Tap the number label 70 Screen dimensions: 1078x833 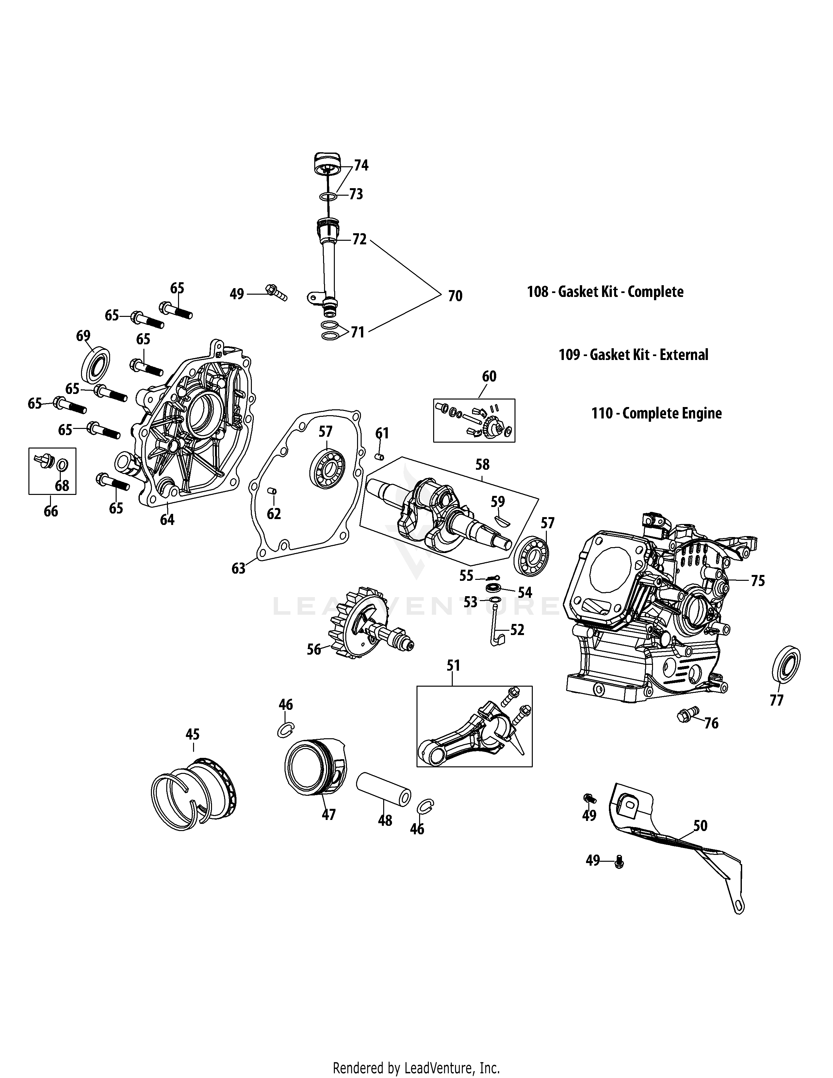tap(455, 296)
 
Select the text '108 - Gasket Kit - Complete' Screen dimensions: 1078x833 tap(605, 292)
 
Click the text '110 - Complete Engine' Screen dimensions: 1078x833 tap(656, 413)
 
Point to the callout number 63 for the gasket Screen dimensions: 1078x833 tap(238, 569)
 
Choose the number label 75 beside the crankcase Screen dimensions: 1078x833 tap(758, 581)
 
